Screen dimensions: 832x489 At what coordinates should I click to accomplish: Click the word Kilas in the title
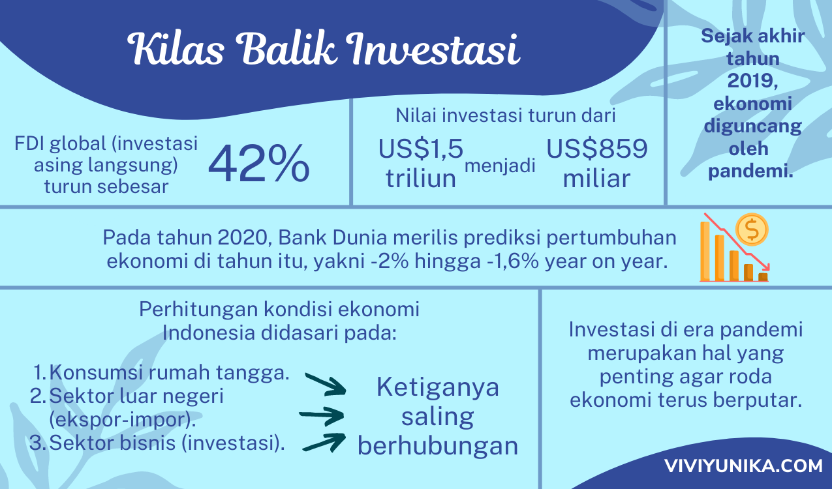click(x=176, y=49)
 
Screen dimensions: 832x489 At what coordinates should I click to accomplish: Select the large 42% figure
click(x=259, y=164)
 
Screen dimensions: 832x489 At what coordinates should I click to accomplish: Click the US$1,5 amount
click(x=421, y=149)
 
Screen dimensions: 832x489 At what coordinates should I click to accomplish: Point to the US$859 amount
click(x=597, y=149)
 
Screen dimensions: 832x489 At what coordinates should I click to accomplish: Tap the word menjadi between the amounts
click(x=500, y=166)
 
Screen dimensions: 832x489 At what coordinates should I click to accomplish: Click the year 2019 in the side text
click(x=752, y=81)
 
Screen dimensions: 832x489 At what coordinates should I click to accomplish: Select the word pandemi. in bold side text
click(x=750, y=171)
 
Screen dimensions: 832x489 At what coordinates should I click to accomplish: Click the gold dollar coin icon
click(x=752, y=230)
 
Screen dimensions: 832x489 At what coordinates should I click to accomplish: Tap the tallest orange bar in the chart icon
click(x=705, y=252)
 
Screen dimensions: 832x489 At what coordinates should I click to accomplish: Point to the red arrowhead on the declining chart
click(x=765, y=266)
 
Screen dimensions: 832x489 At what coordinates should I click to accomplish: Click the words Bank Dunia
click(x=332, y=238)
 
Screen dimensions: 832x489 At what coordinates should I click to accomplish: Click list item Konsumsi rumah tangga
click(x=170, y=372)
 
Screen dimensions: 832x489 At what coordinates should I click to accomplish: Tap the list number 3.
click(x=38, y=443)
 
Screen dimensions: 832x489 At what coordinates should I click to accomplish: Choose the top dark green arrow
click(x=326, y=384)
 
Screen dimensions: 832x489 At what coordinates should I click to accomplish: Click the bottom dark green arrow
click(x=324, y=443)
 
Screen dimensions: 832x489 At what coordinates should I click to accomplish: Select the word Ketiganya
click(x=438, y=388)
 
